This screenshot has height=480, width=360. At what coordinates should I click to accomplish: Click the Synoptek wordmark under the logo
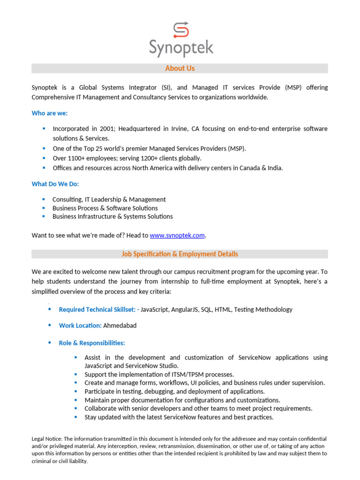pos(181,48)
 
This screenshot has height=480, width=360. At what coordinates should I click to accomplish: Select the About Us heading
pos(180,68)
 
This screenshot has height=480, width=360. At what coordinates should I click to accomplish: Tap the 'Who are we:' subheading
pos(50,113)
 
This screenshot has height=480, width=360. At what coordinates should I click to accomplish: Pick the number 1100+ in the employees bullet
pos(77,158)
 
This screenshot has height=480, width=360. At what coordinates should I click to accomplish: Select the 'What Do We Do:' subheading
pos(55,184)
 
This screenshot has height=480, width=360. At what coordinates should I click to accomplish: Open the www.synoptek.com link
pos(177,235)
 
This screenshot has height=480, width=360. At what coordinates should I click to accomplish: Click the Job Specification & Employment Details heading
pos(180,254)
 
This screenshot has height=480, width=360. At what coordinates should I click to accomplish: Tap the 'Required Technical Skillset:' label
pos(97,309)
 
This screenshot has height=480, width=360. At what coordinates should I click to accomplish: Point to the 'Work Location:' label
pos(80,325)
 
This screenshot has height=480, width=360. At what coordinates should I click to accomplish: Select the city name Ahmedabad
pos(120,325)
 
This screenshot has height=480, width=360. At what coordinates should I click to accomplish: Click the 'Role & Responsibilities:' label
pos(92,343)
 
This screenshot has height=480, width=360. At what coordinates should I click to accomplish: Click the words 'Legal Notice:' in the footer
pos(47,439)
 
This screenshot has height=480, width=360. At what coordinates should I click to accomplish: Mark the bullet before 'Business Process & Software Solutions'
pos(44,208)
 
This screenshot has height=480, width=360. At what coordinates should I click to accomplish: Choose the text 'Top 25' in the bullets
pos(96,149)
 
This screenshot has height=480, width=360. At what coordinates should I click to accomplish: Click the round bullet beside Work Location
pos(50,325)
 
